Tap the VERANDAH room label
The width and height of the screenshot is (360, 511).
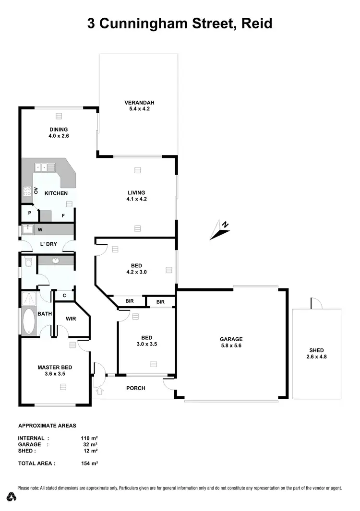[x=139, y=102]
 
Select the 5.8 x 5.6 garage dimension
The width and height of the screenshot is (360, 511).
[x=232, y=345]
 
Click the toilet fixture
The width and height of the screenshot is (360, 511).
[x=28, y=262]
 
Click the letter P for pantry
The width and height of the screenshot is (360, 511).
[x=29, y=213]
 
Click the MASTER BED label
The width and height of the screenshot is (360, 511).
[x=55, y=368]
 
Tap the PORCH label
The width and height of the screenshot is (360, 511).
[x=135, y=388]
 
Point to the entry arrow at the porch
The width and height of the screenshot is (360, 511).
[x=100, y=392]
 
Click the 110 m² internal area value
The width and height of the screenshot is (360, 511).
[x=89, y=438]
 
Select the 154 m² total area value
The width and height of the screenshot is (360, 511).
[x=89, y=463]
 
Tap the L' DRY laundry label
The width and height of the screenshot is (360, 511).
[x=48, y=244]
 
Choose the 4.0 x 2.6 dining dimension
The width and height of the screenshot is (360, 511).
[x=59, y=136]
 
